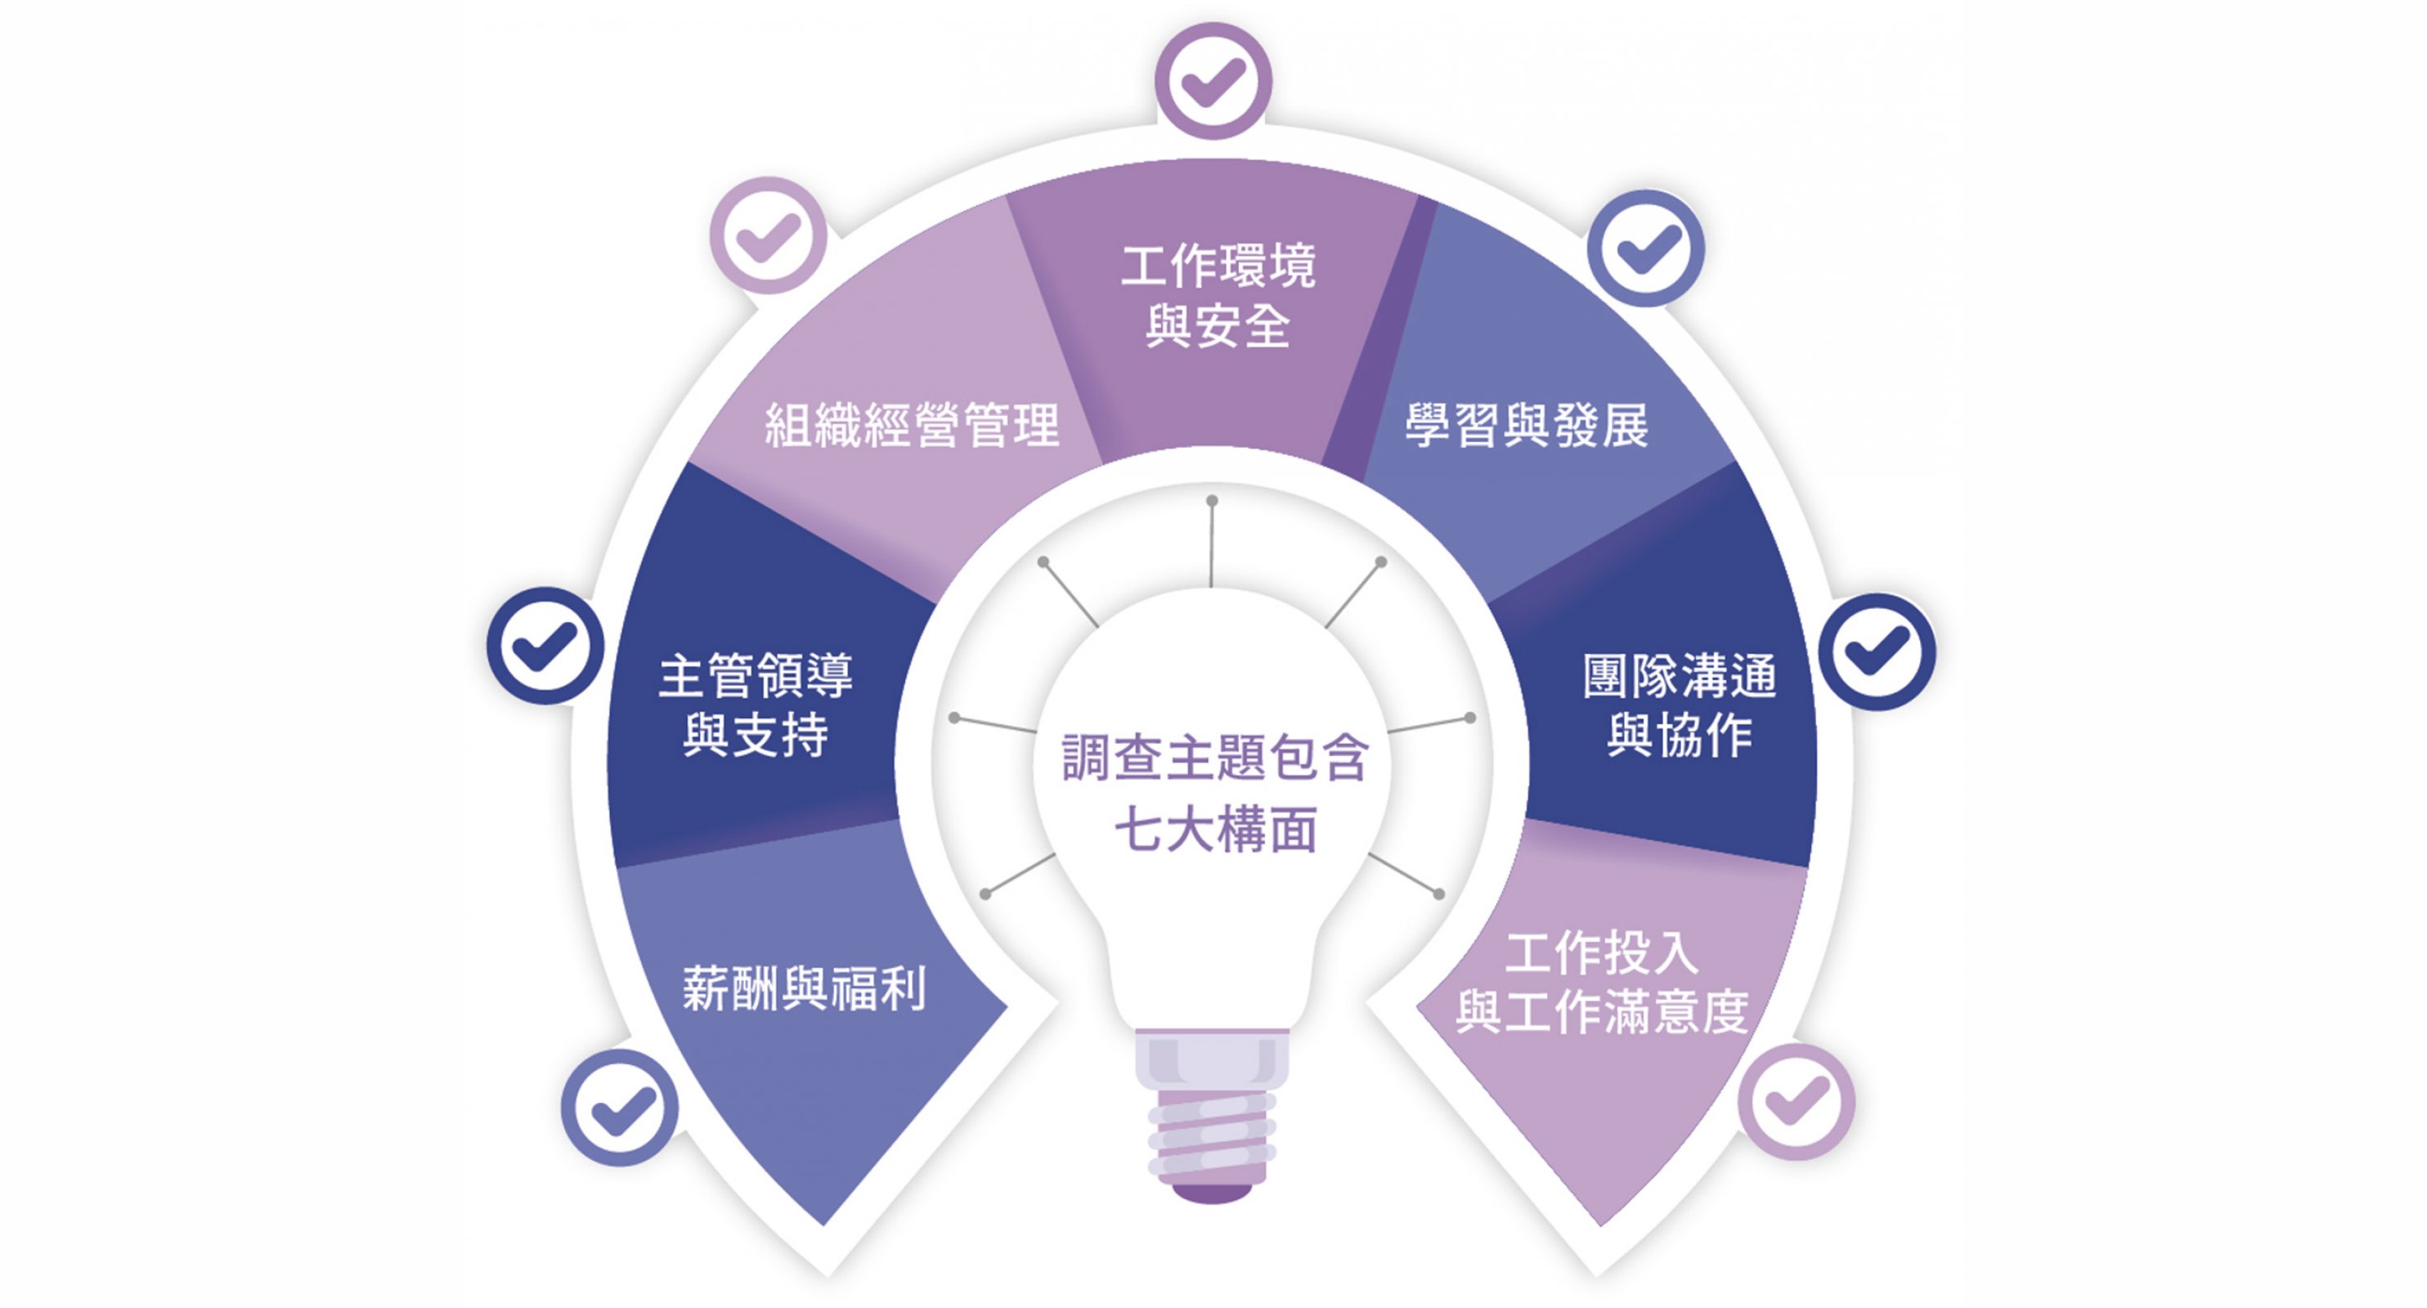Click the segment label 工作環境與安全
(x=1218, y=297)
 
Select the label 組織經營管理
(x=912, y=425)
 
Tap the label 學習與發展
(x=1527, y=425)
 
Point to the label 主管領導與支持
(x=756, y=705)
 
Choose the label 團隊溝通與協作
(x=1679, y=705)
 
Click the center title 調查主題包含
(x=1214, y=758)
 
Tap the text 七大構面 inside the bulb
(x=1215, y=831)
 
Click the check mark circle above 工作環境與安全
(x=1213, y=81)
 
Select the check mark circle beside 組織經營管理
(x=768, y=235)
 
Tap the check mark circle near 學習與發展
(x=1646, y=249)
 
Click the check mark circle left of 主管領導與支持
(x=545, y=646)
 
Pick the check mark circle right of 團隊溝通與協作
(x=1877, y=652)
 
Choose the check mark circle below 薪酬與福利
(x=620, y=1108)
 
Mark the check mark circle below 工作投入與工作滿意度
(x=1797, y=1102)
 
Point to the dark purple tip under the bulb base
(x=1212, y=1193)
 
